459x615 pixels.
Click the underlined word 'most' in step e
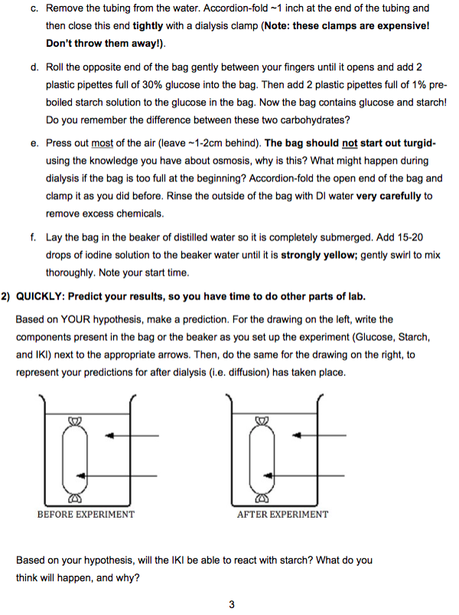coord(102,143)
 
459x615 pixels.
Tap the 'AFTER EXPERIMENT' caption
coord(282,514)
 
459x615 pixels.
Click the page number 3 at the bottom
coord(231,605)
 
